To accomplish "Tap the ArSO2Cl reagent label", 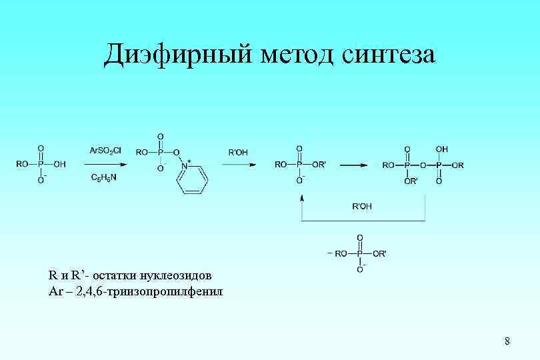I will pyautogui.click(x=105, y=151).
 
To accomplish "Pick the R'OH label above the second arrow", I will pyautogui.click(x=238, y=153).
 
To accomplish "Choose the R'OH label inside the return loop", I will pyautogui.click(x=362, y=206).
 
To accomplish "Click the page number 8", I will pyautogui.click(x=507, y=342).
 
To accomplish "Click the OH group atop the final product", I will pyautogui.click(x=441, y=149).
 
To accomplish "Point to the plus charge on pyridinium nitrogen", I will pyautogui.click(x=189, y=161).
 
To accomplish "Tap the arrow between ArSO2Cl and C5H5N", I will pyautogui.click(x=105, y=164).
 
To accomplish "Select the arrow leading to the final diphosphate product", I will pyautogui.click(x=354, y=164).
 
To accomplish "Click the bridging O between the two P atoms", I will pyautogui.click(x=423, y=164).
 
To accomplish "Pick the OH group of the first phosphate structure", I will pyautogui.click(x=59, y=164).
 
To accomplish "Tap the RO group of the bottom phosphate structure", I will pyautogui.click(x=341, y=253).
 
